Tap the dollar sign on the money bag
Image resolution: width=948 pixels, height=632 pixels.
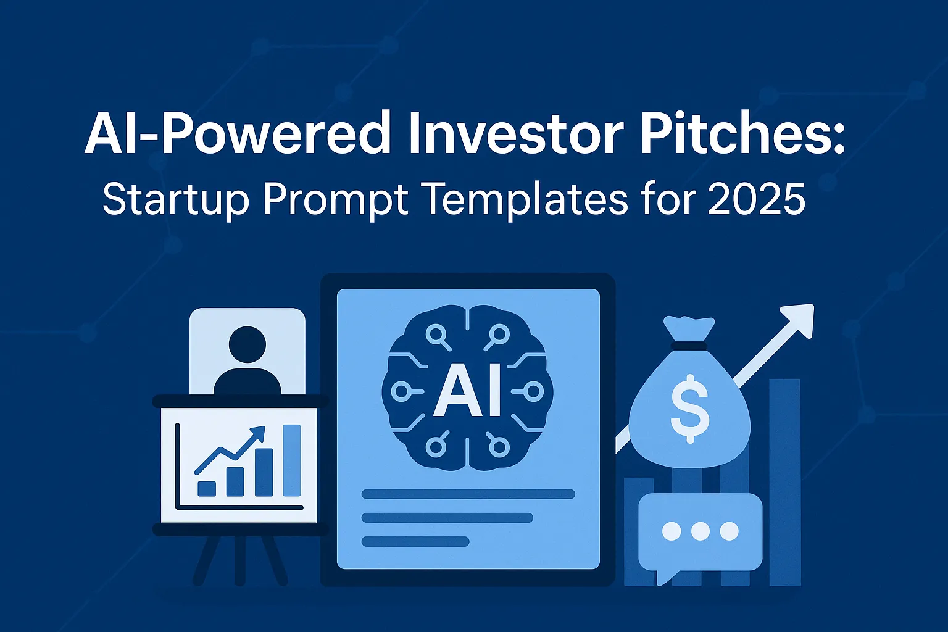pos(690,409)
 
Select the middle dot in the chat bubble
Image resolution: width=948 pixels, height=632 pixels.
pos(700,531)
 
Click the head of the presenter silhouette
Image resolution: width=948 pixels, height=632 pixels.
pos(247,344)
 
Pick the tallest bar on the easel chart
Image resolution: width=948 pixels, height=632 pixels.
pos(291,460)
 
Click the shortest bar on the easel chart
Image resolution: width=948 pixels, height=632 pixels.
pos(207,488)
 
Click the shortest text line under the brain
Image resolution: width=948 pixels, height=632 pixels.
pos(415,541)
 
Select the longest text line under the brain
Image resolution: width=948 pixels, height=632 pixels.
pos(468,494)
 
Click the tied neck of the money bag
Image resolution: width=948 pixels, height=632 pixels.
pos(689,346)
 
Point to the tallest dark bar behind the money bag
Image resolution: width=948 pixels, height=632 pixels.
pos(784,483)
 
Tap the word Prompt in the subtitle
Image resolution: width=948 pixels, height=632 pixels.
pos(335,201)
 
